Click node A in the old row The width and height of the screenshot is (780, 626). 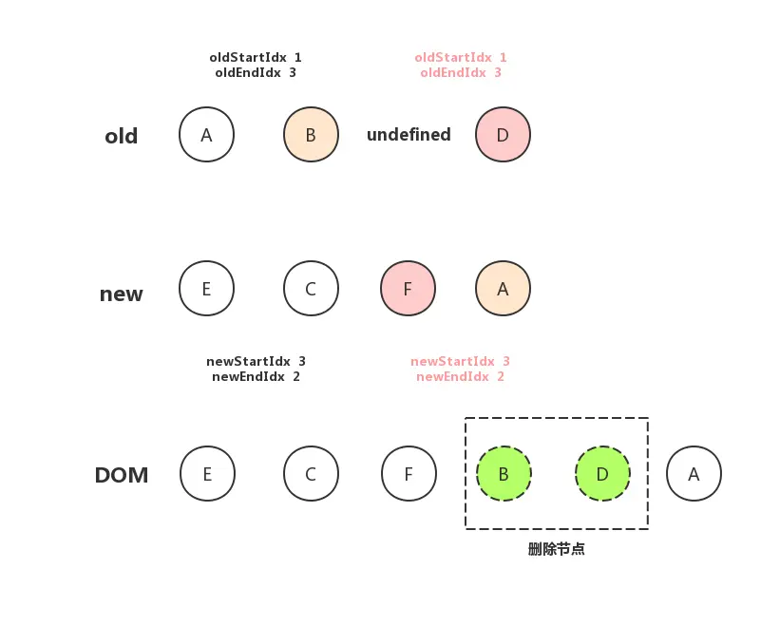coord(206,135)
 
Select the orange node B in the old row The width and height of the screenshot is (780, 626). coord(311,135)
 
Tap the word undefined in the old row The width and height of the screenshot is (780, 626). coord(409,135)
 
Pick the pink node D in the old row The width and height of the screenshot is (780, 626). coord(503,135)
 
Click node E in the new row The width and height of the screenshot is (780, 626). coord(206,288)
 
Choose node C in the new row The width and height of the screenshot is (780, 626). coord(311,288)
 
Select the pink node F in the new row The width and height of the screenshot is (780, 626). coord(408,288)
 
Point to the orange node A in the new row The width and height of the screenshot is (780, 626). coord(503,288)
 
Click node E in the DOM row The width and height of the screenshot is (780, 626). coord(207,473)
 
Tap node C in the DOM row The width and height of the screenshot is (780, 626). coord(311,473)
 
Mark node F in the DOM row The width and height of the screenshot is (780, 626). coord(409,473)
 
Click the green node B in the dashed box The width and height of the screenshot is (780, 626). coord(504,473)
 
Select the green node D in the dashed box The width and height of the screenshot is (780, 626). coord(602,473)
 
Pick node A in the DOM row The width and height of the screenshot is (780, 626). coord(694,473)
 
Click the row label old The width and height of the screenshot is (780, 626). coord(122,137)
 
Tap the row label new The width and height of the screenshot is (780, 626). coord(122,294)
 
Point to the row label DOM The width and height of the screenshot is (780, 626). coord(122,475)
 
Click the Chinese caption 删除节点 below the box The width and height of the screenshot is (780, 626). coord(556,549)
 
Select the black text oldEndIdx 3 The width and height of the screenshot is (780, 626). coord(256,72)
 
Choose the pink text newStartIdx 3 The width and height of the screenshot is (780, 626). coord(460,361)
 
